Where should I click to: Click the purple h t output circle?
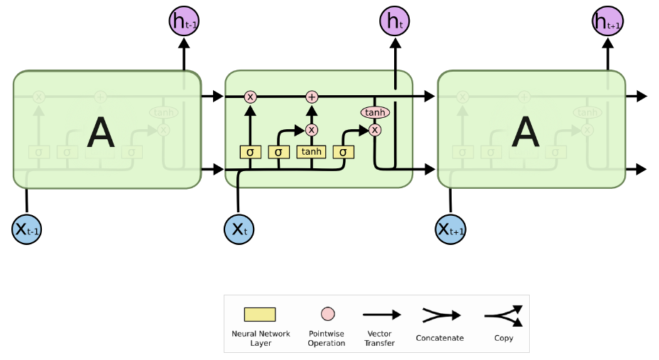[395, 22]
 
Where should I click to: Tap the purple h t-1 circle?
[184, 22]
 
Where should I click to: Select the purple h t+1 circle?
[607, 22]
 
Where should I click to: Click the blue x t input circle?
[239, 229]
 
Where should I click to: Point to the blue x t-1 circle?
[27, 229]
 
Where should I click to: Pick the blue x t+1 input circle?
[450, 229]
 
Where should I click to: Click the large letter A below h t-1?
[100, 133]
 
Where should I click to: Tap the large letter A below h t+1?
[525, 133]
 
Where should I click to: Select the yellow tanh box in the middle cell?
[311, 152]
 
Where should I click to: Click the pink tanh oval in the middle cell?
[375, 112]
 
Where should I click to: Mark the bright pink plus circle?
[311, 97]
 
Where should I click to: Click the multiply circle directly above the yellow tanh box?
[311, 130]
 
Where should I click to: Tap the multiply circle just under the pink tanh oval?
[375, 130]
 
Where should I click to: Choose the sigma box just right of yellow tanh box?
[344, 152]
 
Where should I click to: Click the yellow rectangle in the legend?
[260, 315]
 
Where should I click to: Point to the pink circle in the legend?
[327, 314]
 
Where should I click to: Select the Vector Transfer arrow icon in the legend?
[381, 315]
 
